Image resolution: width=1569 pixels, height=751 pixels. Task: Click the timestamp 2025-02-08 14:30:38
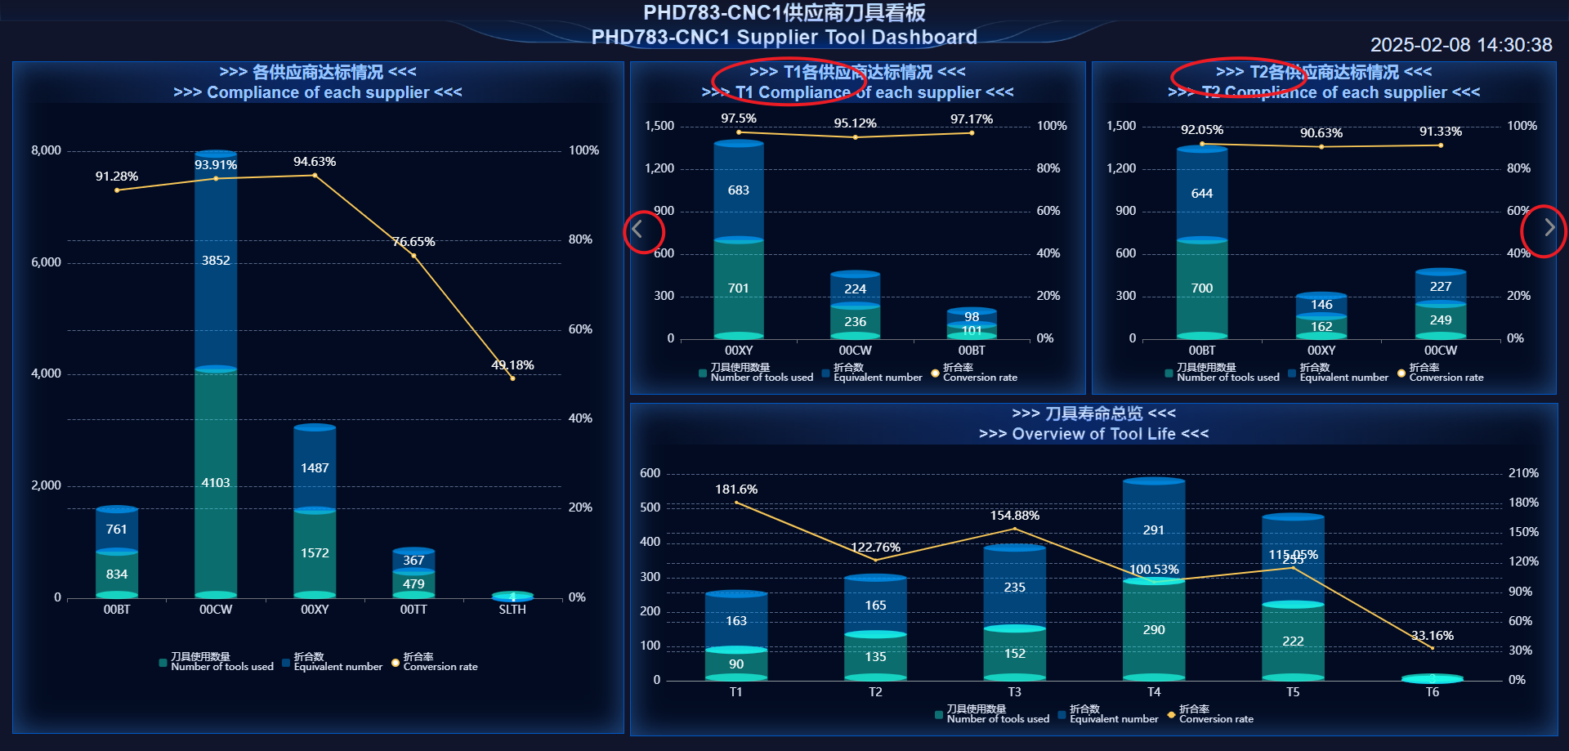[x=1460, y=45]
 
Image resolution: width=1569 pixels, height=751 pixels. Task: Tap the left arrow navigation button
[x=637, y=230]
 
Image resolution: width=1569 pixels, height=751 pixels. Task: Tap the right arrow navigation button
[x=1549, y=228]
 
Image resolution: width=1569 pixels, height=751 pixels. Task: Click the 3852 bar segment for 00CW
[x=216, y=261]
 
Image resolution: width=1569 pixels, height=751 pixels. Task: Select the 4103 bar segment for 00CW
[x=216, y=483]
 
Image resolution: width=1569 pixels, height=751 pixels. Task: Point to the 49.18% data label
[x=512, y=365]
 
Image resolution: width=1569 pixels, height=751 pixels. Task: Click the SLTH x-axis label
[x=512, y=610]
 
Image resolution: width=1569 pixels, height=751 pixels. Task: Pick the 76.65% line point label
[x=413, y=242]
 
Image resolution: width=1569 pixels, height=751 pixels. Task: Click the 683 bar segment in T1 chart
[x=739, y=190]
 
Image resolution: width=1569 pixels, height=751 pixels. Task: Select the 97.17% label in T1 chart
[x=972, y=119]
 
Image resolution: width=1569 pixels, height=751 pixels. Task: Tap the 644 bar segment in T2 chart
[x=1201, y=194]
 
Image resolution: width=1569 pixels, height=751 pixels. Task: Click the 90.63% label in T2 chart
[x=1321, y=133]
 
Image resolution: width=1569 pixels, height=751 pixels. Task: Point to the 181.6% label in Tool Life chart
[x=736, y=489]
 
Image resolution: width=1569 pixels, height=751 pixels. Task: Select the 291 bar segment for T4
[x=1154, y=530]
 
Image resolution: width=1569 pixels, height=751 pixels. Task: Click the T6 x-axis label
[x=1432, y=692]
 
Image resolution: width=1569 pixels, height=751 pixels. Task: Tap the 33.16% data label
[x=1432, y=636]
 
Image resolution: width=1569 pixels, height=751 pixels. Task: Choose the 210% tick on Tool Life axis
[x=1523, y=473]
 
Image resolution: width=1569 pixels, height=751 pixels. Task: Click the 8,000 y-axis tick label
[x=47, y=150]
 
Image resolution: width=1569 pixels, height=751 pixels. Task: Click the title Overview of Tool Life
[x=1093, y=434]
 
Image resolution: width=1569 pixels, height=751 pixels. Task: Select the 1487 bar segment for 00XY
[x=315, y=468]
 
